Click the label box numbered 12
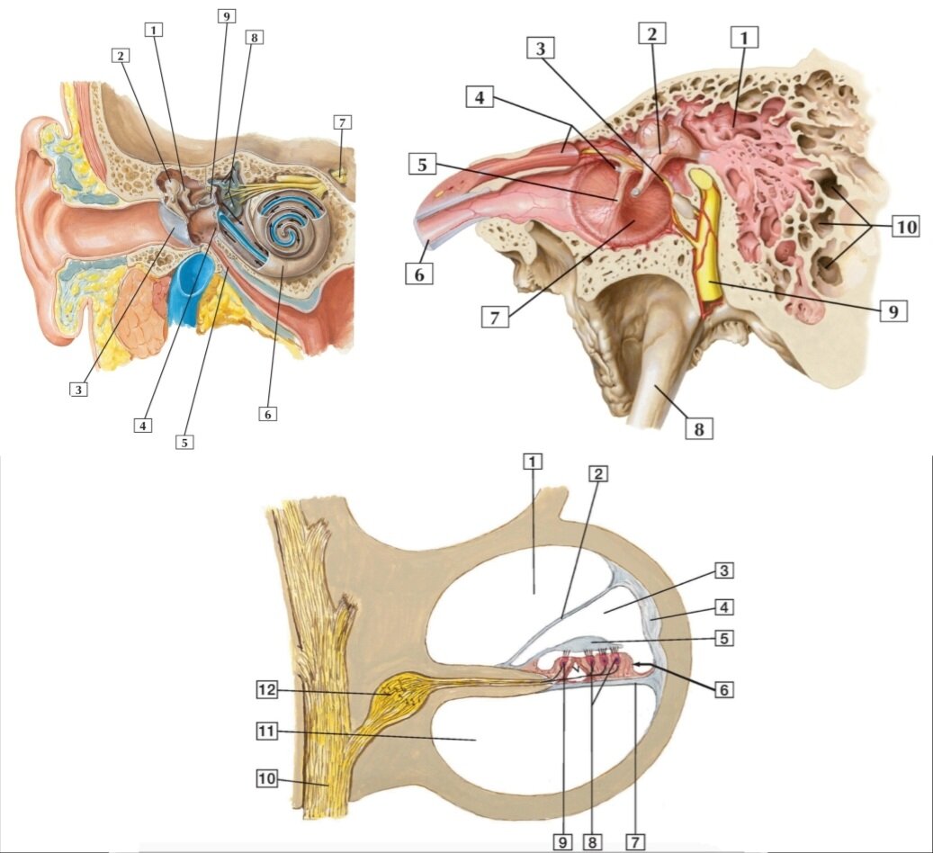click(x=267, y=690)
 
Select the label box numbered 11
click(x=267, y=731)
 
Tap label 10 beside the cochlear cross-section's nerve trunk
click(x=267, y=778)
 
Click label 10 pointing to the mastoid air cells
click(x=906, y=227)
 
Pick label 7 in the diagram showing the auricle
click(x=342, y=122)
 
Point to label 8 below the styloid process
click(x=699, y=428)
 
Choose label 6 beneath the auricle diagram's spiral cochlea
click(x=268, y=414)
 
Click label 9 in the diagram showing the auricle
click(x=226, y=16)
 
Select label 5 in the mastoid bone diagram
click(x=423, y=165)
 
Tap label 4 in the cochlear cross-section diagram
click(x=723, y=607)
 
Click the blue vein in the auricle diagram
click(x=189, y=290)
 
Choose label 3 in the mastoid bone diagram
click(x=541, y=49)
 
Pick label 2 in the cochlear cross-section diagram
click(x=598, y=474)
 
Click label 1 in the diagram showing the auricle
click(x=154, y=29)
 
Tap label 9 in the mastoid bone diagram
click(x=893, y=310)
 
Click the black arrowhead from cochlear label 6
click(x=640, y=663)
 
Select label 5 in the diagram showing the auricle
click(x=184, y=443)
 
